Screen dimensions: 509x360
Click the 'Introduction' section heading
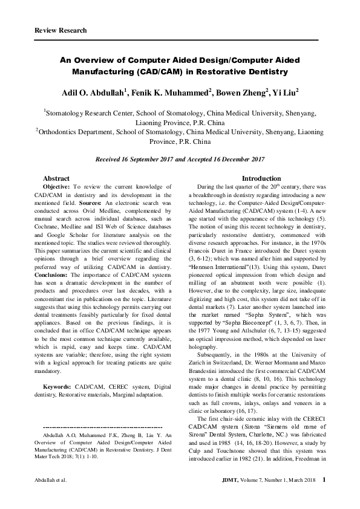(261, 179)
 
